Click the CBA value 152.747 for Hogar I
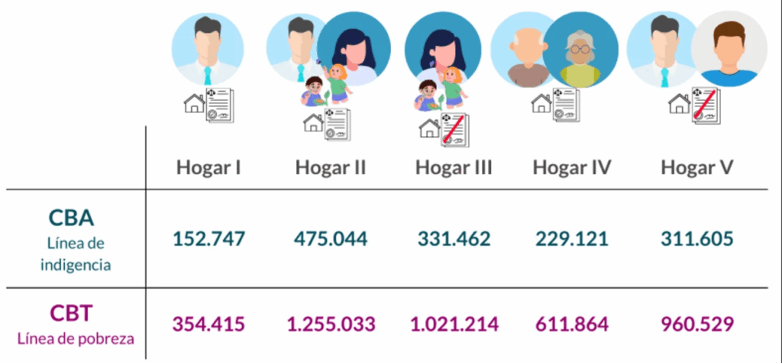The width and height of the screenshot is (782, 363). [209, 238]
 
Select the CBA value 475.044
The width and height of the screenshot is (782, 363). [331, 238]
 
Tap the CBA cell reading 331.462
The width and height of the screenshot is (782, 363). [454, 238]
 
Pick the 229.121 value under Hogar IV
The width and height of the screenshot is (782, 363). [572, 238]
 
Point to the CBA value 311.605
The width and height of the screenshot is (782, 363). [697, 238]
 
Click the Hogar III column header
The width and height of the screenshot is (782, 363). [454, 168]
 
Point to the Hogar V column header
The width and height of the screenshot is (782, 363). [697, 168]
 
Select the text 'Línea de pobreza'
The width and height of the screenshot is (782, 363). [76, 339]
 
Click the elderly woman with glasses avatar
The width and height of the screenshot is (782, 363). [580, 50]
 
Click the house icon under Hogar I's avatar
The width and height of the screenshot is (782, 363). [195, 103]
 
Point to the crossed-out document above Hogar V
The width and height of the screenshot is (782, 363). [705, 105]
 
